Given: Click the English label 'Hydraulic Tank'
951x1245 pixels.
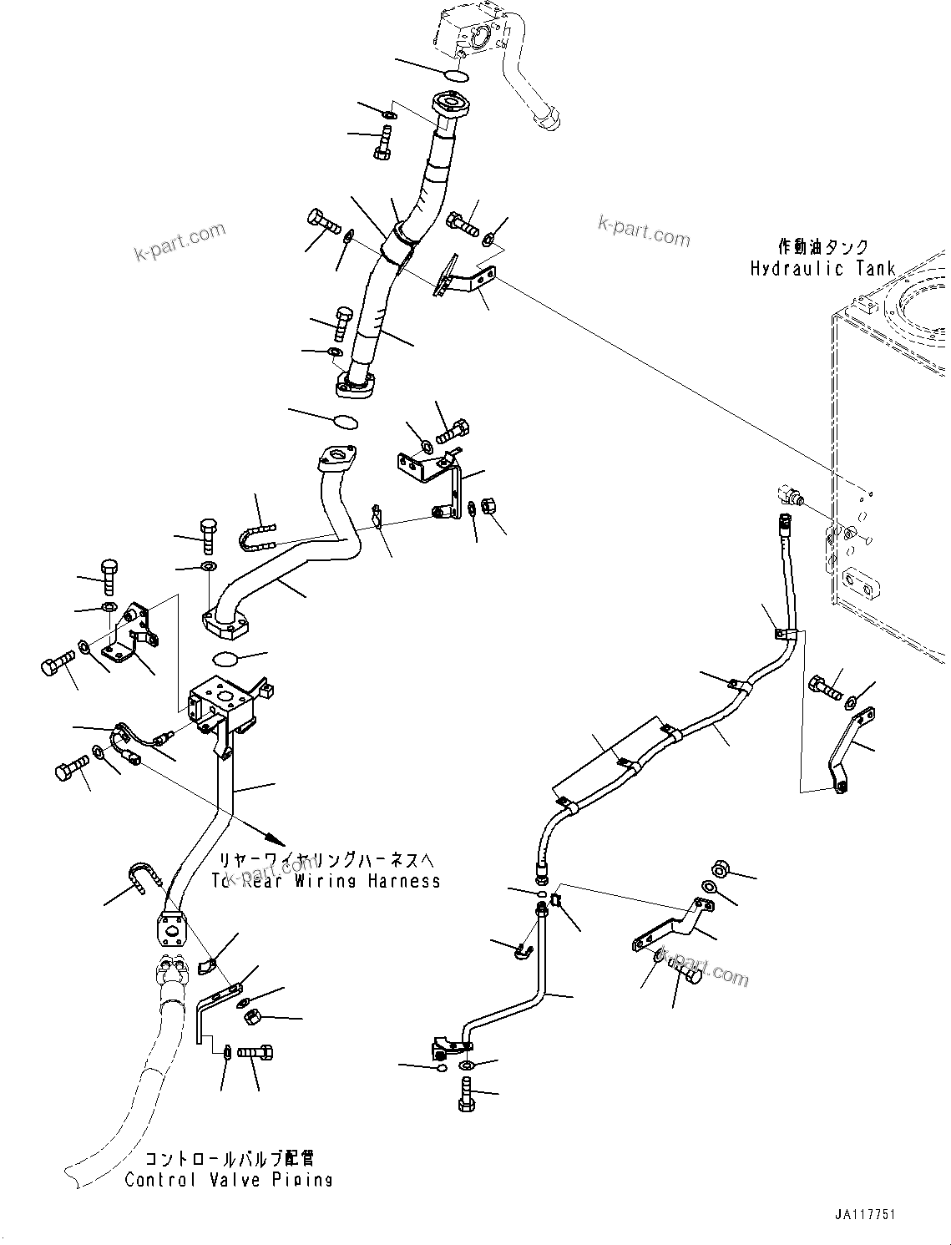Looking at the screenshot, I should [x=822, y=269].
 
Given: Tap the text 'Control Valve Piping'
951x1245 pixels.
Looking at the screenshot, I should [x=229, y=1180].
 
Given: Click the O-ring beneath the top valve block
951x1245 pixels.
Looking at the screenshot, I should [x=457, y=76].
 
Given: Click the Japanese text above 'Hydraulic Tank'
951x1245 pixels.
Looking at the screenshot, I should [x=822, y=247].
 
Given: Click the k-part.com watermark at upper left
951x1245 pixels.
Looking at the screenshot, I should [x=180, y=240].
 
